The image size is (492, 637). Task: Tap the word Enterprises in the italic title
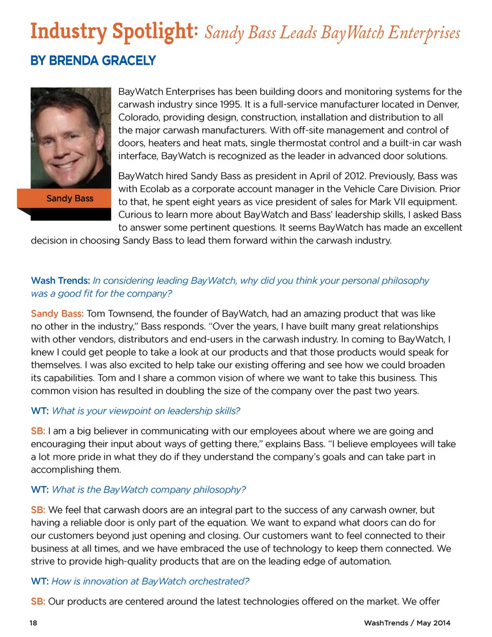click(424, 33)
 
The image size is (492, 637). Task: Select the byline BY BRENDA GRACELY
click(93, 61)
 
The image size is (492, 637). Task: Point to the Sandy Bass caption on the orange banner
click(70, 198)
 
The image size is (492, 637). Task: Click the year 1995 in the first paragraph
click(231, 105)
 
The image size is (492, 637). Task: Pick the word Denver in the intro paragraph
click(443, 105)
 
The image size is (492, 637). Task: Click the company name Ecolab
click(154, 189)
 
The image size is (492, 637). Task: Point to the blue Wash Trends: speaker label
click(60, 281)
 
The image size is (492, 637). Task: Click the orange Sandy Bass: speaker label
click(57, 313)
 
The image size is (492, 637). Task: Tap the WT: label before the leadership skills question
click(39, 411)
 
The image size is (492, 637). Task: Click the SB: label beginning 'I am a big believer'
click(38, 431)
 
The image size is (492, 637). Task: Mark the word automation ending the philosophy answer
click(365, 561)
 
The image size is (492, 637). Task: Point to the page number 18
click(33, 623)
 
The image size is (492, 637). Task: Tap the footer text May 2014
click(433, 623)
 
